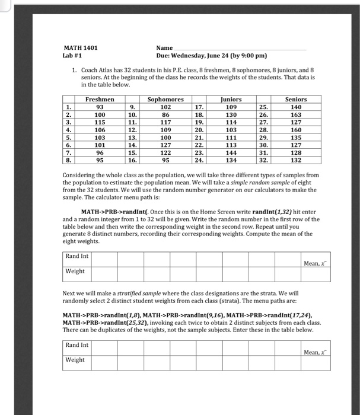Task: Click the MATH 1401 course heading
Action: [x=81, y=47]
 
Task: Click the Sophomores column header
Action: [x=165, y=100]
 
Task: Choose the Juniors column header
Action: [x=231, y=100]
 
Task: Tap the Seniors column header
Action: [x=296, y=100]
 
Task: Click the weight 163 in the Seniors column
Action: [x=296, y=114]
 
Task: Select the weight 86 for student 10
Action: [x=165, y=114]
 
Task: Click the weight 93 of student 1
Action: [x=100, y=107]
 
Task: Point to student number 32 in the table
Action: [x=263, y=159]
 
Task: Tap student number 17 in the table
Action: [x=199, y=107]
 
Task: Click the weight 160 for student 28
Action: [x=296, y=130]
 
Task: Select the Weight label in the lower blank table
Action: [x=75, y=360]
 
